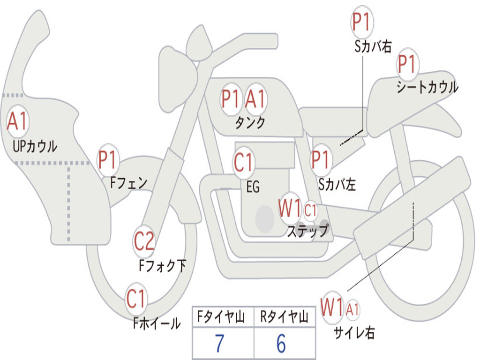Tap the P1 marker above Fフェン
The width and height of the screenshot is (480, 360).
click(108, 160)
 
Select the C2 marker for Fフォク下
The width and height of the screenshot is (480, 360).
click(144, 241)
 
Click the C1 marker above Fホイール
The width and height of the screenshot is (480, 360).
click(136, 299)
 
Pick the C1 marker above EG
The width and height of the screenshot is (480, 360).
click(243, 163)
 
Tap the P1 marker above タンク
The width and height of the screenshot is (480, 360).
click(231, 99)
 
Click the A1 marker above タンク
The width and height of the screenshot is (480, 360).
click(255, 99)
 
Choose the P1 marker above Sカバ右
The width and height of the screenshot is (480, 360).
click(361, 22)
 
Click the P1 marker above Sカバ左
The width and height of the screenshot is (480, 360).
click(322, 159)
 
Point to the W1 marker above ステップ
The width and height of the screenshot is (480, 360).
click(290, 209)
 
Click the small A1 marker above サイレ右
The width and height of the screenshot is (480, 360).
click(353, 309)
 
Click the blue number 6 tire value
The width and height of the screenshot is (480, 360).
click(281, 344)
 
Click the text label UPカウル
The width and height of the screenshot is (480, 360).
click(35, 146)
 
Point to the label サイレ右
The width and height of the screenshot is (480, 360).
click(354, 333)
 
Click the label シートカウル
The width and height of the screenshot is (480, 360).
click(427, 88)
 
